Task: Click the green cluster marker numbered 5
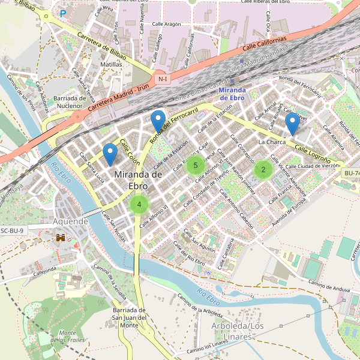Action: click(x=196, y=166)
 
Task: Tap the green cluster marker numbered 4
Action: click(x=139, y=205)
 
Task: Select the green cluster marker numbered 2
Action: click(x=263, y=170)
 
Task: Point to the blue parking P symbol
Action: click(x=63, y=13)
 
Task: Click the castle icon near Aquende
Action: click(x=61, y=238)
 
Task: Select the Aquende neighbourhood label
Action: click(x=71, y=221)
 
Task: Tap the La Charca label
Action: click(x=272, y=142)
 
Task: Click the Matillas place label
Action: click(x=112, y=64)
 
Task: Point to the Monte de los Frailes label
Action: click(x=67, y=337)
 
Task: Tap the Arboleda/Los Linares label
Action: click(x=238, y=331)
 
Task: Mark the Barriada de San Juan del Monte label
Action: click(x=130, y=317)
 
